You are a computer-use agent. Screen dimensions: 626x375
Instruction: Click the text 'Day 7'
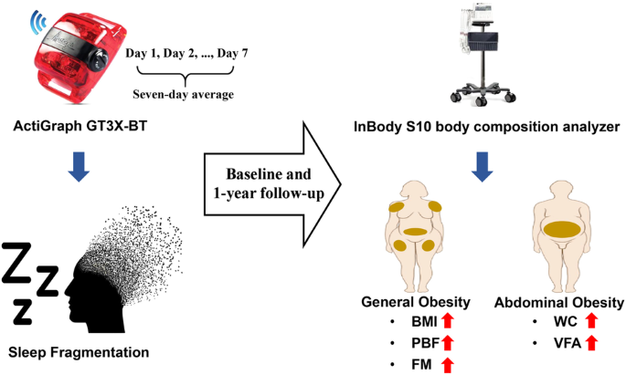(232, 53)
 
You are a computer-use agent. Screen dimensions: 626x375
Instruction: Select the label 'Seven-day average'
(184, 95)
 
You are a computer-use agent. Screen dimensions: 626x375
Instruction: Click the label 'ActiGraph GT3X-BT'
(80, 126)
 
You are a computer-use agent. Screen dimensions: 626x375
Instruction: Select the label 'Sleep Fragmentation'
(79, 352)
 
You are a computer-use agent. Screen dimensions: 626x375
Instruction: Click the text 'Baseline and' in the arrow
(269, 174)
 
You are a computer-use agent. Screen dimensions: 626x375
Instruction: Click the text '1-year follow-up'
(269, 193)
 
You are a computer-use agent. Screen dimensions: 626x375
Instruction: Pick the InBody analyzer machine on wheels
(483, 54)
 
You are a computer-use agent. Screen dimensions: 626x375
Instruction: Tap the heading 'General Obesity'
(416, 302)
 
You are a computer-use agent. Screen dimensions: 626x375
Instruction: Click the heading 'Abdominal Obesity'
(559, 303)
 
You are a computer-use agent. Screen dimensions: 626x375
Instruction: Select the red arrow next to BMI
(449, 321)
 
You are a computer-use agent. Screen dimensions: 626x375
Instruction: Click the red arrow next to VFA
(591, 343)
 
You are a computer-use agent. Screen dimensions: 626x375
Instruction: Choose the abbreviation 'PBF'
(426, 343)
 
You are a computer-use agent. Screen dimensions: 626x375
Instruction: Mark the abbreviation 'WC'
(566, 321)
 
